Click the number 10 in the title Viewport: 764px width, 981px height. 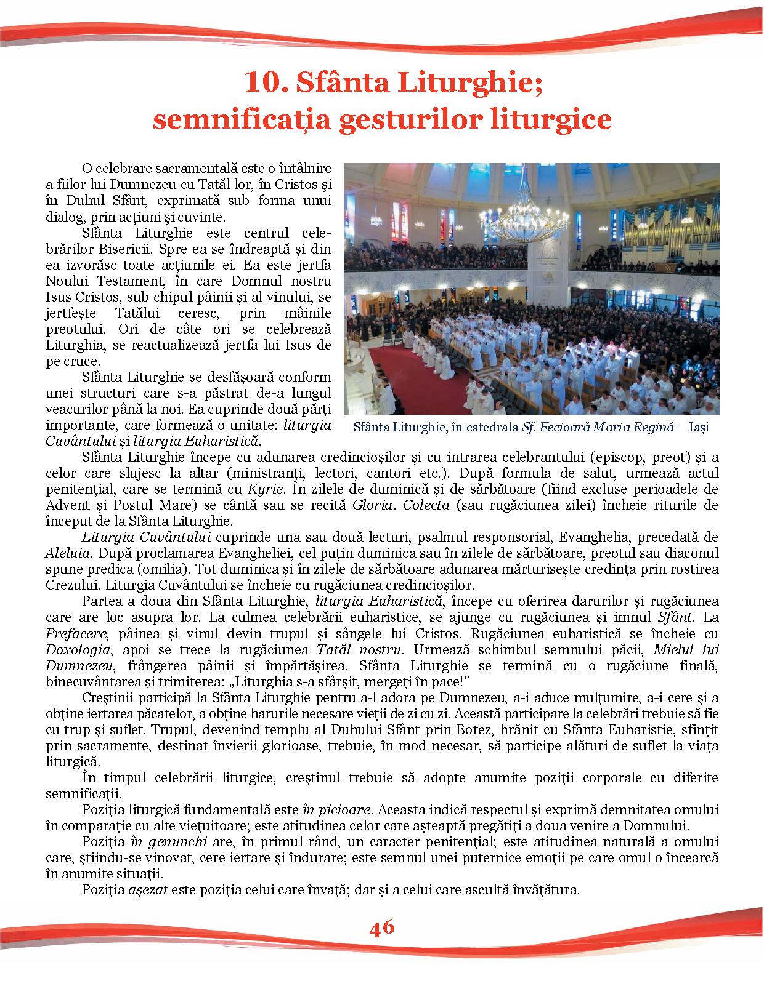click(261, 82)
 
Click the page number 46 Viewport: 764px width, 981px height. click(382, 927)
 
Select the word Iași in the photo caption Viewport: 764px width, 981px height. click(699, 427)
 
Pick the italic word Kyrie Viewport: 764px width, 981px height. click(266, 489)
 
